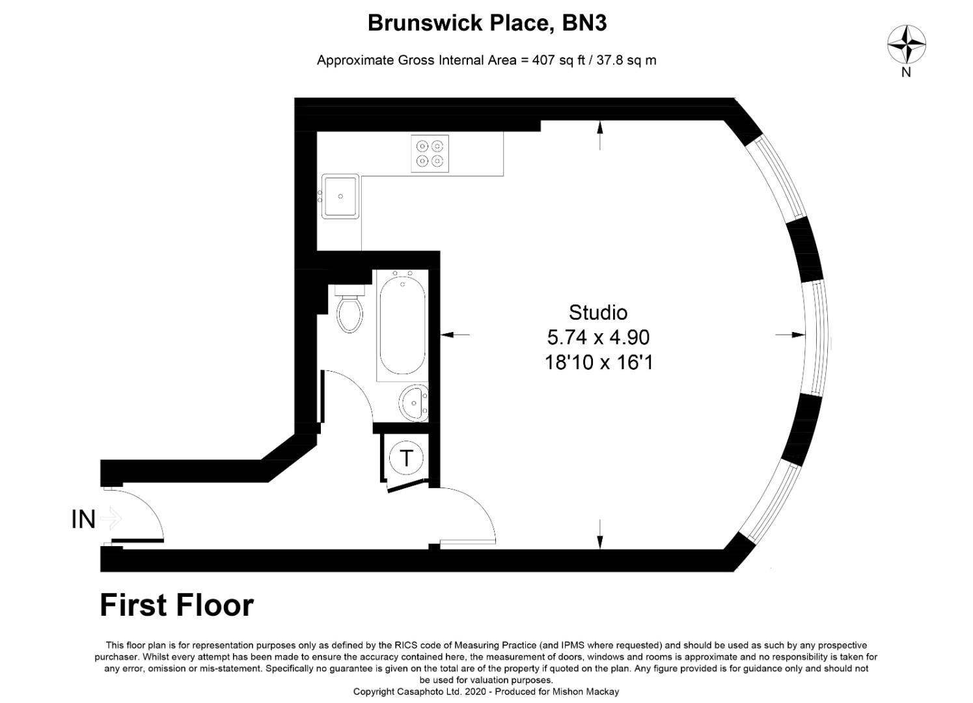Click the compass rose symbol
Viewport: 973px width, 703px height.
[x=906, y=44]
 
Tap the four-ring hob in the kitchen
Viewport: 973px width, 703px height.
[x=430, y=154]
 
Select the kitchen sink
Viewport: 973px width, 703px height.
[x=340, y=196]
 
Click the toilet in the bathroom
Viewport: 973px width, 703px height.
[x=349, y=312]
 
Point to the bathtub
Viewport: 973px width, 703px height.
[x=401, y=325]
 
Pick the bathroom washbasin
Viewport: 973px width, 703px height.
[x=413, y=403]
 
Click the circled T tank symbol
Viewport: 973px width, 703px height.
[x=406, y=458]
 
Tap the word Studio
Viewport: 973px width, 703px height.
[x=597, y=312]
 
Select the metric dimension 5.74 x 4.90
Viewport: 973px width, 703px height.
[x=597, y=337]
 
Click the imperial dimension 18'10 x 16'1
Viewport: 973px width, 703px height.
[x=597, y=362]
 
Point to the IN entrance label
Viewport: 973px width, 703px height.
[x=83, y=519]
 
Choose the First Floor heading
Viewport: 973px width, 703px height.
[x=176, y=605]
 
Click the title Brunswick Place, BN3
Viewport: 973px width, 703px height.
[x=487, y=23]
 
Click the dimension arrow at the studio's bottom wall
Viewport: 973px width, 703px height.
[x=600, y=534]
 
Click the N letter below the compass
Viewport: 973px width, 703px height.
[x=906, y=72]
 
